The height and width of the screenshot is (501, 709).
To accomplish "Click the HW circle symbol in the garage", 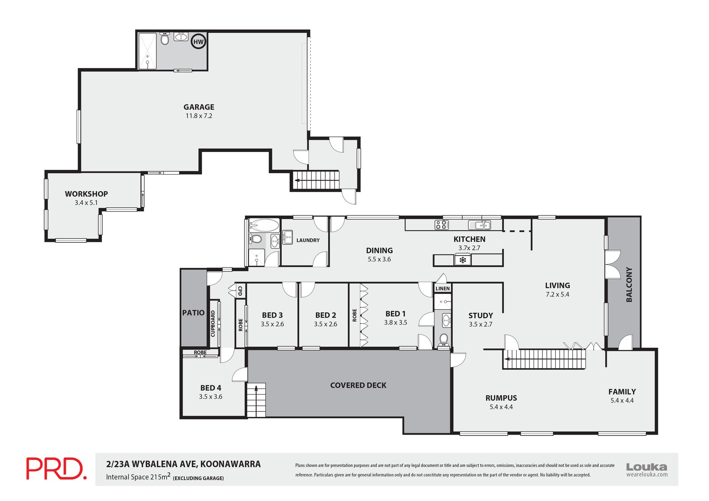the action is [199, 42].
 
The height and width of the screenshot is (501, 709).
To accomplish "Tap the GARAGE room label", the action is [199, 107].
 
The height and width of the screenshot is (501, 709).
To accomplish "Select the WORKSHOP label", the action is [86, 194].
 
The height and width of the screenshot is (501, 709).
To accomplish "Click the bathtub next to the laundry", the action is [264, 225].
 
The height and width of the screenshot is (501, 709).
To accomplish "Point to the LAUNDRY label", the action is [308, 240].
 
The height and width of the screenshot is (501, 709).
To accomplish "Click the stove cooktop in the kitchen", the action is [442, 225].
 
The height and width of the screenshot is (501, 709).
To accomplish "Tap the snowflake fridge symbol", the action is [463, 260].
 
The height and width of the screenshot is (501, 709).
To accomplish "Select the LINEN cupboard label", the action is [443, 288].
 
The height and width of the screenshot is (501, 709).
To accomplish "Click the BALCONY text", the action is [629, 284].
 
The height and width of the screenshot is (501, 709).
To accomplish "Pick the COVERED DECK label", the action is [358, 385].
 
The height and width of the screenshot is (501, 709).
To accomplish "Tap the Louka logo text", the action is [647, 467].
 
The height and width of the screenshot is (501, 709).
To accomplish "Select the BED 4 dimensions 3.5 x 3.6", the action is [210, 396].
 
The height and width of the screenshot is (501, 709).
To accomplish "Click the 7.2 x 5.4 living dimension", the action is [557, 294].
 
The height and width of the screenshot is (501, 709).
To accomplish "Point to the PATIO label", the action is [193, 313].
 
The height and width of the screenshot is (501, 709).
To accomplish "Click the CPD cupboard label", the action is [240, 291].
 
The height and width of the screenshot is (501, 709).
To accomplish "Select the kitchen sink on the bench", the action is [479, 225].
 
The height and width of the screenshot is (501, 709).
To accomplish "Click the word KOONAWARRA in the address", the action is [231, 464].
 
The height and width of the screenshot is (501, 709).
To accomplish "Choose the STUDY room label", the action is [480, 315].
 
